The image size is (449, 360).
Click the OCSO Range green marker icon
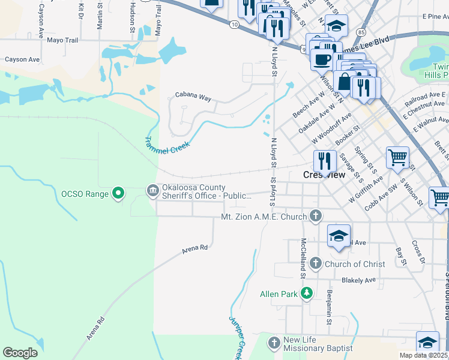click(119, 193)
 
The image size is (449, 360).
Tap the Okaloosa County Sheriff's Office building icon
click(153, 191)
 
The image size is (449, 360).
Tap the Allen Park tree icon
click(307, 293)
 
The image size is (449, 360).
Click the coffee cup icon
click(322, 59)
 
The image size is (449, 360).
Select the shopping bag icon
click(345, 80)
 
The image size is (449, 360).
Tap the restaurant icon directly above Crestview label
click(324, 160)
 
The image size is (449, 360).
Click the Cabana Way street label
click(193, 96)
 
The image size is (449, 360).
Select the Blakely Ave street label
click(358, 280)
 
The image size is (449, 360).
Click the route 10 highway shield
click(234, 23)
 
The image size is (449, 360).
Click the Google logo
click(20, 353)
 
